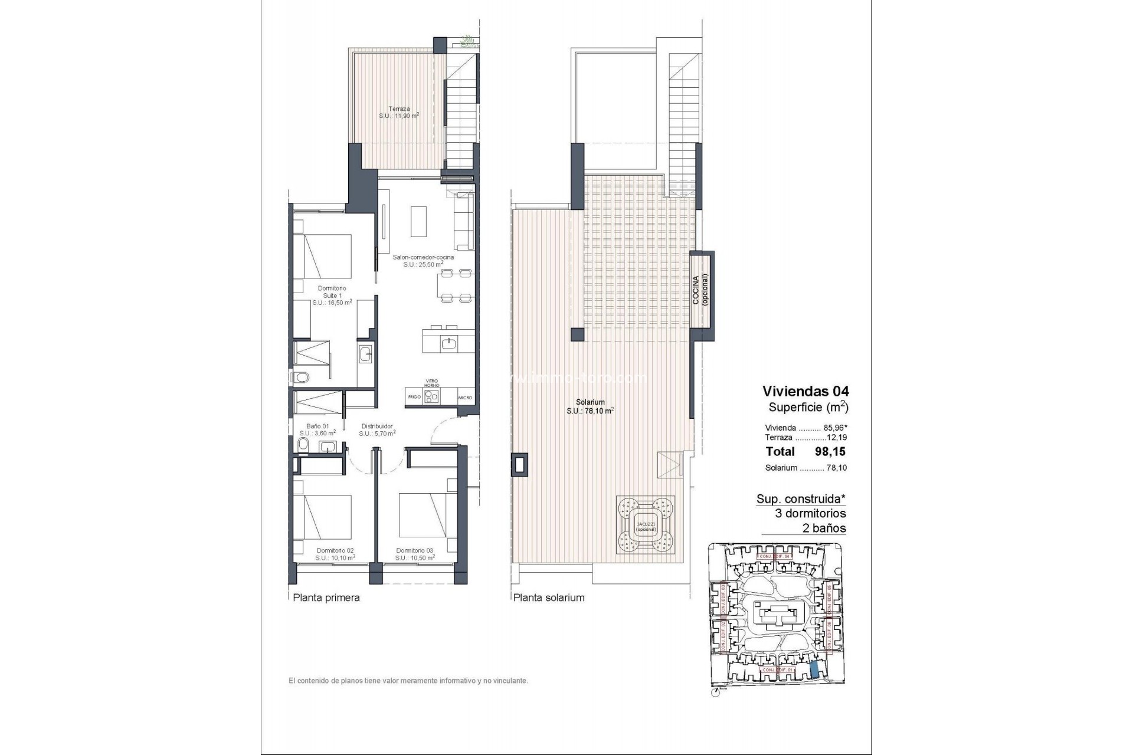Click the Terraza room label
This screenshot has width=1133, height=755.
(x=399, y=112)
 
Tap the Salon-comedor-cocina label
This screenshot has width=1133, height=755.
(x=423, y=261)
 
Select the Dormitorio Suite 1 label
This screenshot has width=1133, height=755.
(x=332, y=296)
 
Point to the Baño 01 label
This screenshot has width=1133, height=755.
(x=317, y=429)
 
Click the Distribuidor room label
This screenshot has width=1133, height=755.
(x=377, y=429)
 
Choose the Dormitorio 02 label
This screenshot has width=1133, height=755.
(x=335, y=554)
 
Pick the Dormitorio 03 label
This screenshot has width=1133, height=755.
(x=415, y=554)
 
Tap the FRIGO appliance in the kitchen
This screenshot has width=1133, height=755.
(x=414, y=397)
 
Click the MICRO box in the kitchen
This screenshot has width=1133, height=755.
(x=465, y=398)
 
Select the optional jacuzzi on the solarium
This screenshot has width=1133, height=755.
(x=646, y=524)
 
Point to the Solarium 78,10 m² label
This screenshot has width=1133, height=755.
(x=590, y=406)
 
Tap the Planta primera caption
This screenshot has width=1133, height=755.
(x=326, y=598)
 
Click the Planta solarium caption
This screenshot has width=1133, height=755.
(x=549, y=598)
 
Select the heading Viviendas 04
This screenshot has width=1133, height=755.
(x=805, y=391)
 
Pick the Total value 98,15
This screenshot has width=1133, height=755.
(x=830, y=452)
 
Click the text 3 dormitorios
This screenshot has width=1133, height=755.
(x=810, y=513)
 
